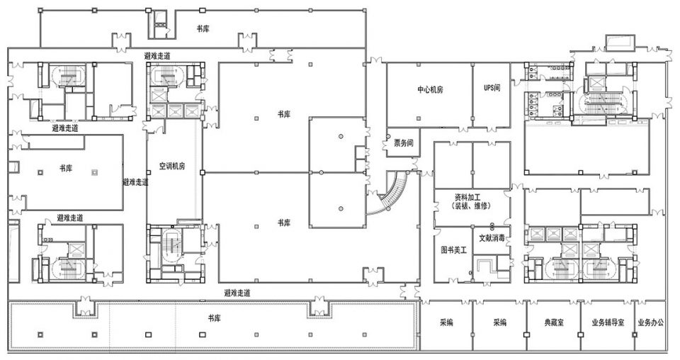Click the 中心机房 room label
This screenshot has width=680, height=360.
click(430, 90)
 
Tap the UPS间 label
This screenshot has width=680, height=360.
click(492, 88)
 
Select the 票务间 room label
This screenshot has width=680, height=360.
click(403, 143)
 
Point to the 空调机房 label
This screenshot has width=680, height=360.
click(172, 166)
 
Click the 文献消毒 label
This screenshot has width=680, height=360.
click(492, 238)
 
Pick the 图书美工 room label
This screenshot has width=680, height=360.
click(453, 250)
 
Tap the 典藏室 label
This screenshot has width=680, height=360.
click(554, 322)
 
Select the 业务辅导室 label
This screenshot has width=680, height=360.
click(608, 322)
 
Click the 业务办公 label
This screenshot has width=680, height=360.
click(650, 322)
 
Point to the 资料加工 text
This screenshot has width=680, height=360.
click(471, 198)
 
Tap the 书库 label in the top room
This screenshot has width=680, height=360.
click(203, 29)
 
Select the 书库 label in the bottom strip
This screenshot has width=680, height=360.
click(214, 319)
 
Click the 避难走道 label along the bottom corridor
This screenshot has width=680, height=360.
click(237, 293)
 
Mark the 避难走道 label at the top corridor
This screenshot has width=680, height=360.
click(157, 56)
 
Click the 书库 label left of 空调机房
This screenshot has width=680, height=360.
click(66, 168)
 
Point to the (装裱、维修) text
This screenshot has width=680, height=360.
click(471, 206)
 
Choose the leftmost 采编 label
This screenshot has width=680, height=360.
click(446, 322)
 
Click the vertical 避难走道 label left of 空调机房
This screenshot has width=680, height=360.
click(135, 182)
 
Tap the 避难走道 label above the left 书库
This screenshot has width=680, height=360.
click(65, 128)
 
